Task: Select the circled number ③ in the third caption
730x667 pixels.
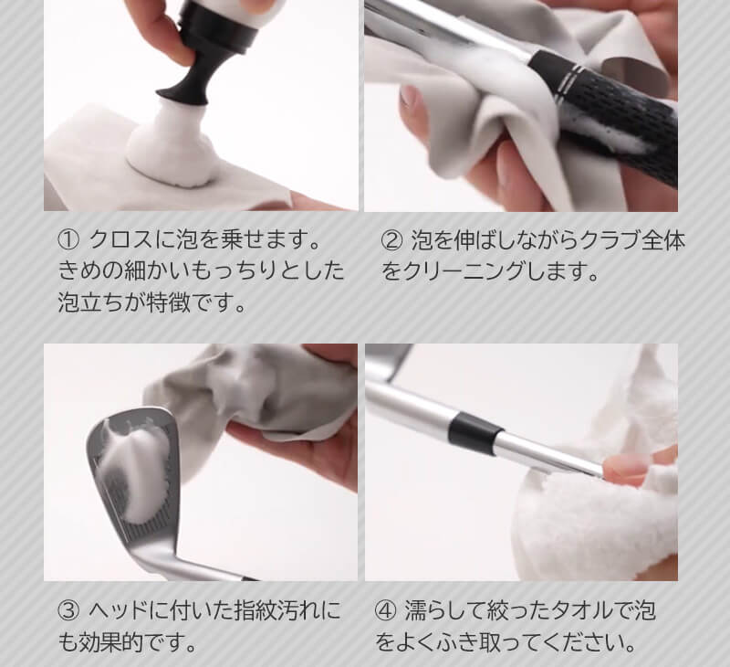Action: click(68, 610)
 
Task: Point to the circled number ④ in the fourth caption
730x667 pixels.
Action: click(386, 610)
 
